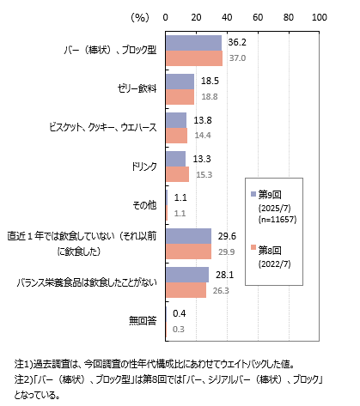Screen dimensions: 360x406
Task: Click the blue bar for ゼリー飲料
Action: point(180,82)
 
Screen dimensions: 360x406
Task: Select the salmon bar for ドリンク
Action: point(177,174)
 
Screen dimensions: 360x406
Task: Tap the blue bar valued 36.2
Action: point(193,43)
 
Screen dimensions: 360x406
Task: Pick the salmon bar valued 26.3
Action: point(186,290)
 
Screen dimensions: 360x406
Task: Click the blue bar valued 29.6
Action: point(188,236)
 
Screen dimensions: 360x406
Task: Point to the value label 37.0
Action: point(237,58)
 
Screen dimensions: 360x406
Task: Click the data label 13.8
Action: point(203,120)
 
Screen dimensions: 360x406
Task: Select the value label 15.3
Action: point(204,174)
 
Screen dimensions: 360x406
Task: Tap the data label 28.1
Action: point(225,275)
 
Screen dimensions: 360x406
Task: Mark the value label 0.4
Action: point(180,313)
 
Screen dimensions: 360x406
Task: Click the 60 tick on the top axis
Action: point(258,17)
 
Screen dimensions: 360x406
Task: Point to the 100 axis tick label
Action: point(320,17)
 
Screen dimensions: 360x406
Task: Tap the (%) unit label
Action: point(140,18)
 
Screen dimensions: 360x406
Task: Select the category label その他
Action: point(144,205)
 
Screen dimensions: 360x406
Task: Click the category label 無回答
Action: point(143,321)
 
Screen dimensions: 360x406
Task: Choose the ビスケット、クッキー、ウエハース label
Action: point(103,127)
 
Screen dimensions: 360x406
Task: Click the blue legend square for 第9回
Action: point(253,194)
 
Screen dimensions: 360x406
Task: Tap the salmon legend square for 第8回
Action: point(253,247)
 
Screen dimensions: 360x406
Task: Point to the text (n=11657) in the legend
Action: point(278,220)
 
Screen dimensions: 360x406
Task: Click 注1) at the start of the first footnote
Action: point(24,364)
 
